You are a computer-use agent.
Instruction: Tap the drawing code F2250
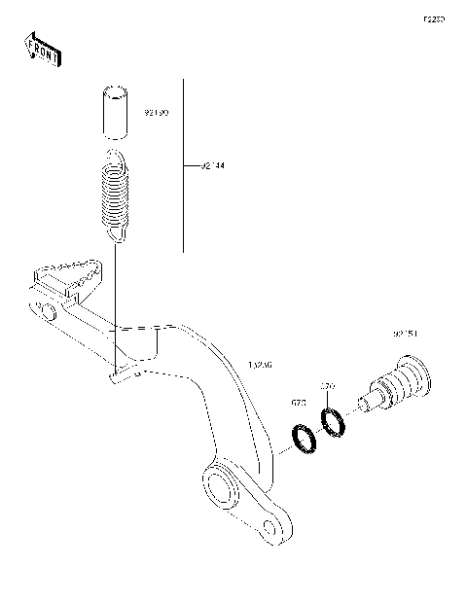point(432,18)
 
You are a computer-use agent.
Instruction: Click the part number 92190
point(156,113)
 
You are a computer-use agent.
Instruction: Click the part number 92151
point(406,334)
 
